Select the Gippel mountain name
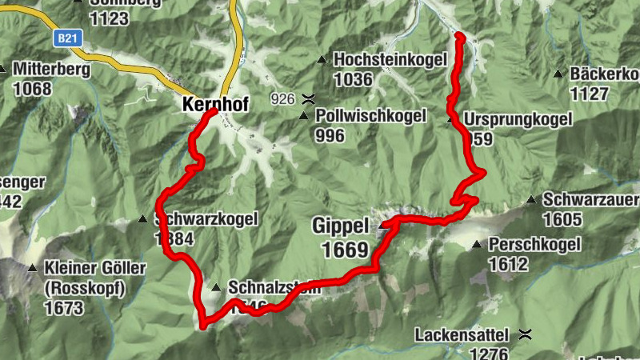[340, 226]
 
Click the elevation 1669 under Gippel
[344, 250]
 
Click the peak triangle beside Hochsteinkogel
[322, 59]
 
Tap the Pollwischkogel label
[370, 116]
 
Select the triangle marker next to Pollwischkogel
[303, 116]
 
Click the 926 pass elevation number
[283, 99]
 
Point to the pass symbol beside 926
[308, 99]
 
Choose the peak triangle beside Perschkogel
[477, 244]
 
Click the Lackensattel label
[464, 334]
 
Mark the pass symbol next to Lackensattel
[525, 333]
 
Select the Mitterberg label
[51, 69]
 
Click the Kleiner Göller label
[85, 268]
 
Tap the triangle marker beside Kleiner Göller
[33, 268]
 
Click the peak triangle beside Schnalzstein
[216, 287]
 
